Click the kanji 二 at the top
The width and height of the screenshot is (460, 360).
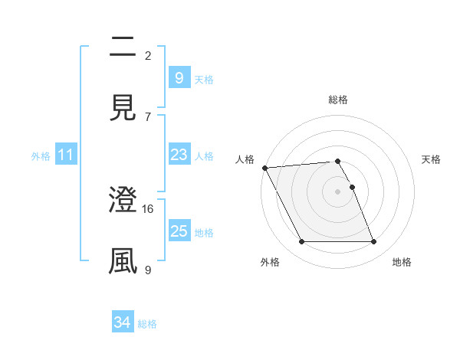[x=123, y=47]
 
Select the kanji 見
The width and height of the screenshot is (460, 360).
[x=123, y=107]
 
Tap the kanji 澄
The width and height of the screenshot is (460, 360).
[x=123, y=201]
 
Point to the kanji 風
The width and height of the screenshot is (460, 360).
[x=123, y=260]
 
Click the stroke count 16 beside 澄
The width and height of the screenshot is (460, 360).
[x=149, y=208]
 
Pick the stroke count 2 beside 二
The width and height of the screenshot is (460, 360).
[x=148, y=55]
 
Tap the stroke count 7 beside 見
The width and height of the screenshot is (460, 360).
[x=148, y=116]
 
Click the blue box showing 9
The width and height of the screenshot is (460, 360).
[x=179, y=78]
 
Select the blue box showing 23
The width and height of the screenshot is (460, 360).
[x=179, y=155]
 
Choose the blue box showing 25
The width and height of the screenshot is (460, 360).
[x=179, y=231]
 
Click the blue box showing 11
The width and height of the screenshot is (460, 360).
[x=66, y=155]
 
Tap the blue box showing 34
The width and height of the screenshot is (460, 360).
[x=122, y=323]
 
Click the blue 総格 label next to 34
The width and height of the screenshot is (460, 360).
[x=148, y=324]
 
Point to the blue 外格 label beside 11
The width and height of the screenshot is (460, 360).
[x=41, y=155]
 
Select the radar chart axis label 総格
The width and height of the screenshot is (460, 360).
[x=338, y=100]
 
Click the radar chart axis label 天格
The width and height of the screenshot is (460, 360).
[x=432, y=159]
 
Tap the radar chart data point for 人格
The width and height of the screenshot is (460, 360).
[x=264, y=168]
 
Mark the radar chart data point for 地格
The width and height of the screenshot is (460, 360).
[x=374, y=242]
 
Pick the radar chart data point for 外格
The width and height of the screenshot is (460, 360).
[x=301, y=242]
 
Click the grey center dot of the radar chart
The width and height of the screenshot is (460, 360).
[x=338, y=191]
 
